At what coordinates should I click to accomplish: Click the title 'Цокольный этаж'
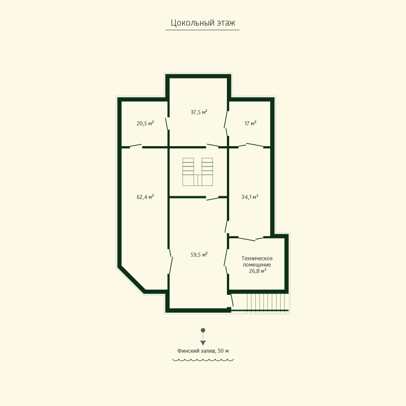tap(203, 23)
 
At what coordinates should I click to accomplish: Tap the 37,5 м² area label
tap(199, 112)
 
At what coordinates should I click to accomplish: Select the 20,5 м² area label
tap(145, 123)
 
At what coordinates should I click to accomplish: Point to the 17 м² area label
tap(250, 123)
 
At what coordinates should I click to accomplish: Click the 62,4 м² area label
tap(145, 197)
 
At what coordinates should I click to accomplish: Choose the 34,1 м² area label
tap(250, 197)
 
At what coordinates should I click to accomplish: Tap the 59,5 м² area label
tap(199, 254)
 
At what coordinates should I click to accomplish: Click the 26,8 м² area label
tap(258, 271)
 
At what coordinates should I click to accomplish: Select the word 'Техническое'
tap(257, 258)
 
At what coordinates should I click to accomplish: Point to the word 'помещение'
tap(257, 265)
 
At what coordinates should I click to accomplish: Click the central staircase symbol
tap(198, 172)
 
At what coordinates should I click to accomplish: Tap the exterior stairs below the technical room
tap(266, 302)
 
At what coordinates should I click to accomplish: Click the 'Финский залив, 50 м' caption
tap(203, 351)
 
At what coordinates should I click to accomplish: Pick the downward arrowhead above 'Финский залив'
tap(203, 343)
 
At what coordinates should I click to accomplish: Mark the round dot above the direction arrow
tap(203, 330)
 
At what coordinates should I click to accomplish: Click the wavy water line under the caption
tap(203, 360)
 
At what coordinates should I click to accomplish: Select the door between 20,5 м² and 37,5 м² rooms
tap(167, 124)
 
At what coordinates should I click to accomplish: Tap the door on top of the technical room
tap(246, 239)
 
